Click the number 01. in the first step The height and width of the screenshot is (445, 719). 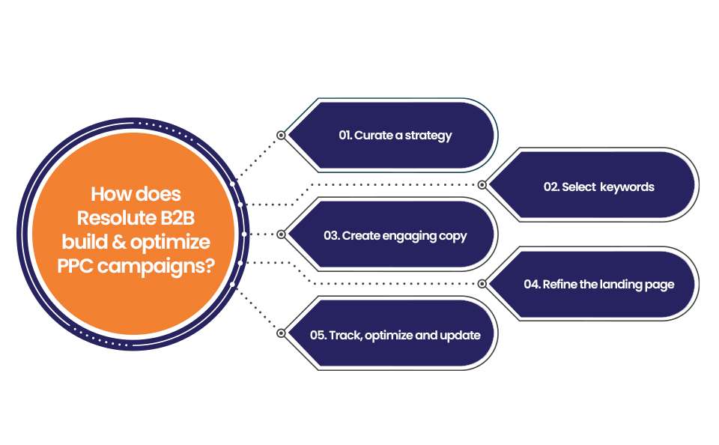pos(345,136)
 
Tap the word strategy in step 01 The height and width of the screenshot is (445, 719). pos(431,136)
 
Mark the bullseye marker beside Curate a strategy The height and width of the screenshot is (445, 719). pos(281,136)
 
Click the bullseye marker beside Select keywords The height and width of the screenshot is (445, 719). pos(482,184)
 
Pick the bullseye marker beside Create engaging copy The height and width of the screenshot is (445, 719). pos(281,234)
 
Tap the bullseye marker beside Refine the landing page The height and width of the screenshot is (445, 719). pos(482,284)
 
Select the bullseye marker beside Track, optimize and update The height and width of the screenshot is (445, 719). pos(281,333)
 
